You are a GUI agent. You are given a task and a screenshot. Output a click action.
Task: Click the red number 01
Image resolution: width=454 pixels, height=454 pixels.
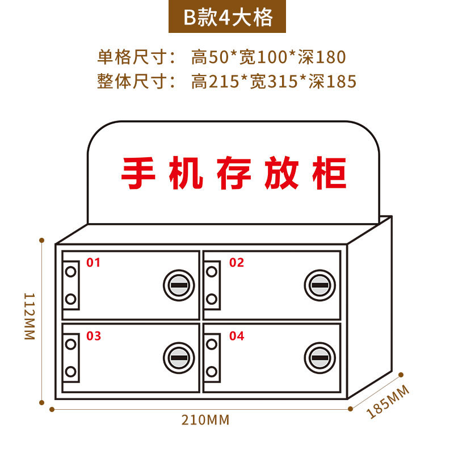tap(93, 262)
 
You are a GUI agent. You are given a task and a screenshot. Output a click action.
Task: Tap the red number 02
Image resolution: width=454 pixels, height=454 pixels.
tap(236, 262)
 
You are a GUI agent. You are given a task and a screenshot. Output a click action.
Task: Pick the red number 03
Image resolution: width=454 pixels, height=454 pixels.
tap(94, 336)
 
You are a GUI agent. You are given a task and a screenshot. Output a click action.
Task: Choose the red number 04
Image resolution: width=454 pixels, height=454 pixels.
tap(237, 336)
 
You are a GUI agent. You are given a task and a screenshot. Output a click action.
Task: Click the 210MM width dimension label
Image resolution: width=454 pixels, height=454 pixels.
tap(205, 421)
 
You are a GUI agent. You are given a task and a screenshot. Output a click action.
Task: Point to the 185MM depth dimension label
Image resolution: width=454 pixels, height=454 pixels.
tap(389, 401)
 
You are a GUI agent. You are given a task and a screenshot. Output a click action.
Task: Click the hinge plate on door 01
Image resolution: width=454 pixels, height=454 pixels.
tap(71, 285)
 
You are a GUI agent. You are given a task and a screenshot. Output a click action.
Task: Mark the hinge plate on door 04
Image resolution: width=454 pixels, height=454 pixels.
tap(212, 358)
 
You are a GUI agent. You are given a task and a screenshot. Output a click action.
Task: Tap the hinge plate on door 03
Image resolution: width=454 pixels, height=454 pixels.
tap(71, 358)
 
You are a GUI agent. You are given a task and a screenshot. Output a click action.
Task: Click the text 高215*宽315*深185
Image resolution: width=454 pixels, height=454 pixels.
tap(274, 82)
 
